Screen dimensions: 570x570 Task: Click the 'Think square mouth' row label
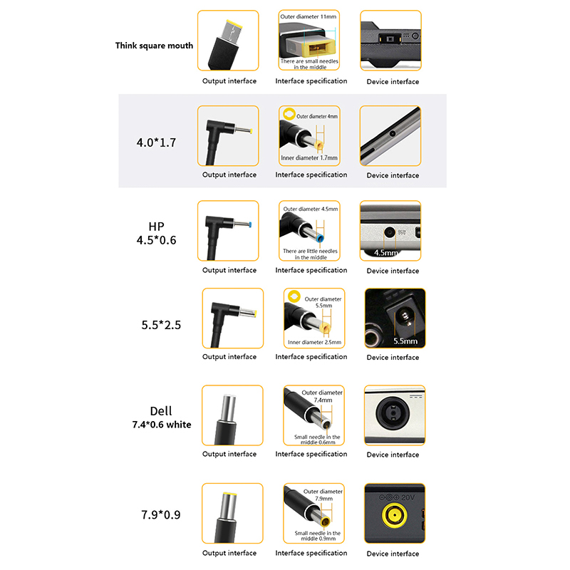[x=154, y=46]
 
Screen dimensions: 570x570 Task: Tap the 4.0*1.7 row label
[x=156, y=142]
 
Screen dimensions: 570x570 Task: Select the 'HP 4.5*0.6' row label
[x=156, y=234]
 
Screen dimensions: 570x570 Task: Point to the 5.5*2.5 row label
[x=161, y=325]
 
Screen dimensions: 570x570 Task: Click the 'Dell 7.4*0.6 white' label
[x=162, y=417]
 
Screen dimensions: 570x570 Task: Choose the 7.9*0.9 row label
[x=161, y=514]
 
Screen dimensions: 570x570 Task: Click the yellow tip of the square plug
[x=234, y=23]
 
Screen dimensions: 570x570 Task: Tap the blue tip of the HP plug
[x=250, y=224]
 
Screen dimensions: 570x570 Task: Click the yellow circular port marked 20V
[x=395, y=515]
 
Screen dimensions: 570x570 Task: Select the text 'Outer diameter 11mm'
[x=309, y=16]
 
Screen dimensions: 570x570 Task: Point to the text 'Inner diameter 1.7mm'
[x=309, y=157]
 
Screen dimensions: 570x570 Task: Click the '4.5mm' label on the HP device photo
[x=386, y=252]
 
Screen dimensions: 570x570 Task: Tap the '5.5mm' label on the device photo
[x=405, y=341]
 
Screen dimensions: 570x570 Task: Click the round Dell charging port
[x=393, y=413]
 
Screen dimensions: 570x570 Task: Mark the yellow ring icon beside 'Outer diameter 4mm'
[x=289, y=114]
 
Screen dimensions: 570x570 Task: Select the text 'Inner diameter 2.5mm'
[x=314, y=342]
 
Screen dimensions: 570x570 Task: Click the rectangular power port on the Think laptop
[x=390, y=38]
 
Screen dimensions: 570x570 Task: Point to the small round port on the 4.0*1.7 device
[x=393, y=133]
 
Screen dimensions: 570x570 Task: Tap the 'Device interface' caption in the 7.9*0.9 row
[x=393, y=554]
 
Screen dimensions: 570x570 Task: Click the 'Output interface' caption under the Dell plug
[x=229, y=454]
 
